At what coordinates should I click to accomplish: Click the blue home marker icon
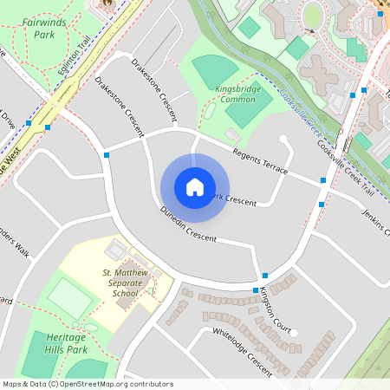click(194, 186)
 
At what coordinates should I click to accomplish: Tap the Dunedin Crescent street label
click(188, 224)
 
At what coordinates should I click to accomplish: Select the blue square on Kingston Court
click(265, 276)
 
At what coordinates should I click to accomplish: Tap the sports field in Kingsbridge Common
click(212, 68)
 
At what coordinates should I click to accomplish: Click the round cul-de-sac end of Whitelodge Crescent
click(295, 333)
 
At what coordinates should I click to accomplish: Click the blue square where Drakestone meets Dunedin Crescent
click(106, 155)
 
